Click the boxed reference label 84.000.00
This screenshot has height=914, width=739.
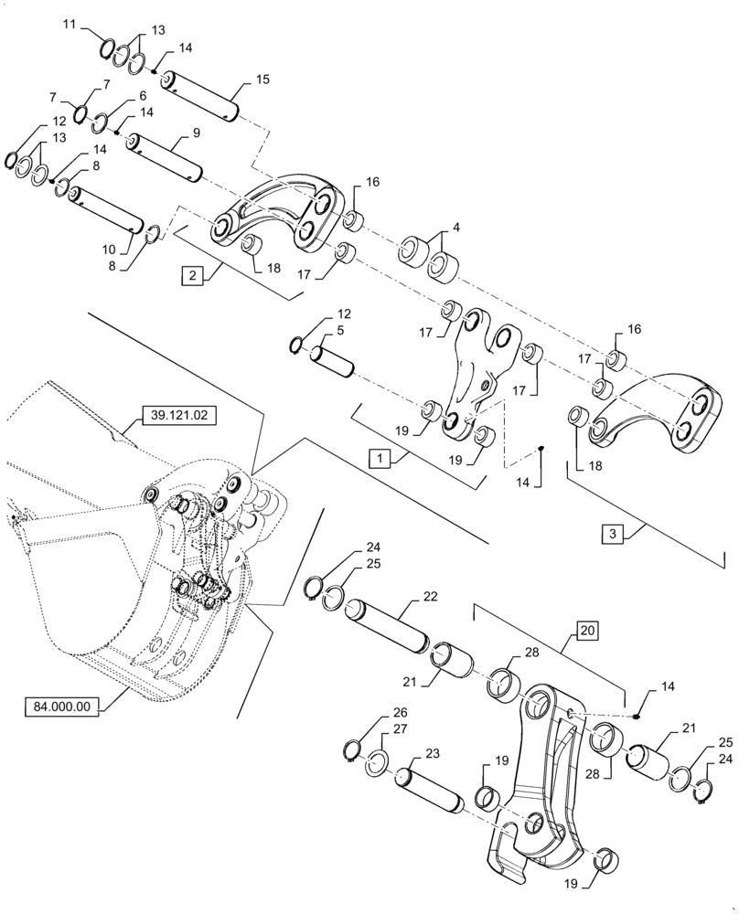[64, 707]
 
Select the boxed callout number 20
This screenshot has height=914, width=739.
[587, 630]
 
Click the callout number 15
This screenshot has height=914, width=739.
[262, 81]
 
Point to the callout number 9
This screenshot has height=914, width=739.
[196, 133]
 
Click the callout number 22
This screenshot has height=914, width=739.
[431, 595]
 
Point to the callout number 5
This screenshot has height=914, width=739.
[341, 331]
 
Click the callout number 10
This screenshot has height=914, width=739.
[109, 250]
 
